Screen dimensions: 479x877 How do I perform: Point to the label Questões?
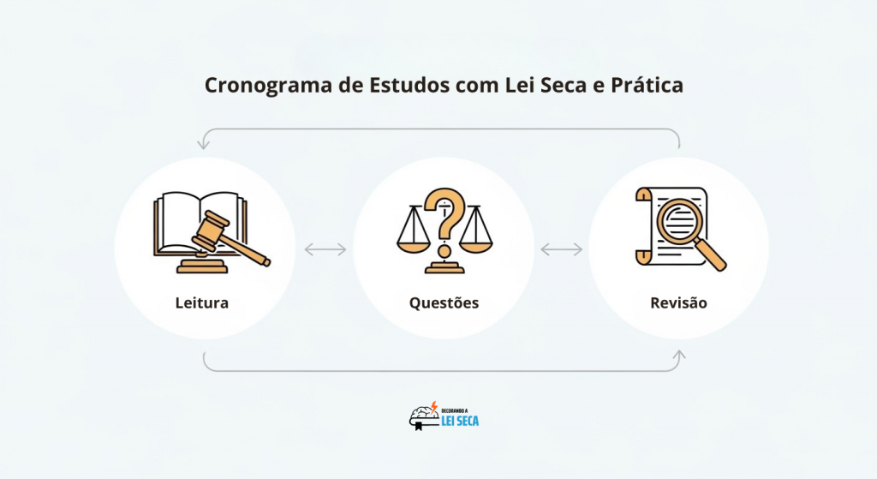coord(444,303)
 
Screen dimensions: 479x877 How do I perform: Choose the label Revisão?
coord(678,303)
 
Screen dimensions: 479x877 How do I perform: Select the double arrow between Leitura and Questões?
coord(325,249)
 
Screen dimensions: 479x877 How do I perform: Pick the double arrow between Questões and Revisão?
coord(561,249)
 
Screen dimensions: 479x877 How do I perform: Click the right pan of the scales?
coord(476,245)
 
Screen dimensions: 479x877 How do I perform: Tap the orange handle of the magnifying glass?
coord(711,254)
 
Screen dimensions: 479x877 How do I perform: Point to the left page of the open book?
coord(176,221)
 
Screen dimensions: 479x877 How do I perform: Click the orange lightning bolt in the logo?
coord(434,405)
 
